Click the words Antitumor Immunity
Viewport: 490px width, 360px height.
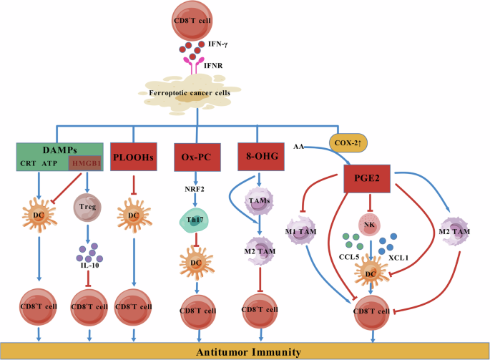tap(245, 351)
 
